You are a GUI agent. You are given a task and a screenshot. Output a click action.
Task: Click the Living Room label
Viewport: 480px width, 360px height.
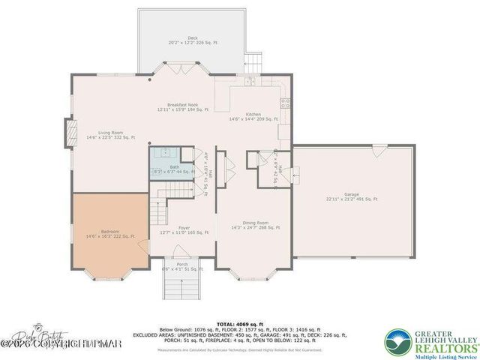coord(110,135)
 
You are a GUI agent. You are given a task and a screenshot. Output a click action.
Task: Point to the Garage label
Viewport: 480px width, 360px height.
coord(351,197)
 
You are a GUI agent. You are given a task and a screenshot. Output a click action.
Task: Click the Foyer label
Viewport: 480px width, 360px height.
coord(184,229)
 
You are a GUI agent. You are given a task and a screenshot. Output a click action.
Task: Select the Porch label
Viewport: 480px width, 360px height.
coord(182,265)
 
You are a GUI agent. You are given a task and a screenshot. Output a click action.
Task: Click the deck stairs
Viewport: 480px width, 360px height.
coord(256,59)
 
